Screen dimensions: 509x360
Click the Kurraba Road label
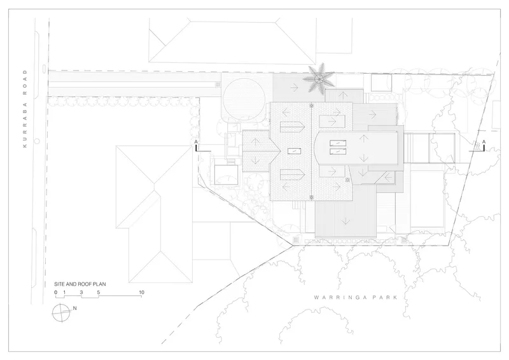point(25,109)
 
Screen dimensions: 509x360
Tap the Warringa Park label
point(356,297)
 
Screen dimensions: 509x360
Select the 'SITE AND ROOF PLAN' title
point(80,284)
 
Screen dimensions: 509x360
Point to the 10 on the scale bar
point(141,293)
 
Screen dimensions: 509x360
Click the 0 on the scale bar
point(56,293)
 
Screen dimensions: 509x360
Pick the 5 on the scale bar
point(99,293)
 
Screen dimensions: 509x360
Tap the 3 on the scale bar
point(81,293)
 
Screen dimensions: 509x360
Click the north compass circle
point(60,313)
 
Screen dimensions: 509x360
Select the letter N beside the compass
point(74,308)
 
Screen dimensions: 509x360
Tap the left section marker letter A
point(196,142)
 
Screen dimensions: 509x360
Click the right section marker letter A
point(484,142)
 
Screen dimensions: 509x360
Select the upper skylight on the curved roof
point(338,143)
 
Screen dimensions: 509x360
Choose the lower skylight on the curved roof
point(338,151)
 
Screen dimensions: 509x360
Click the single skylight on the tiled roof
point(294,151)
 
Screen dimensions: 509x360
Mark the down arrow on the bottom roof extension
point(345,221)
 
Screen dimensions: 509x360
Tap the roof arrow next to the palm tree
point(295,87)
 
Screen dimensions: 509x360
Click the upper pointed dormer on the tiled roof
point(292,127)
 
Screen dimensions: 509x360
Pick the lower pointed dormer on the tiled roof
point(292,175)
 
